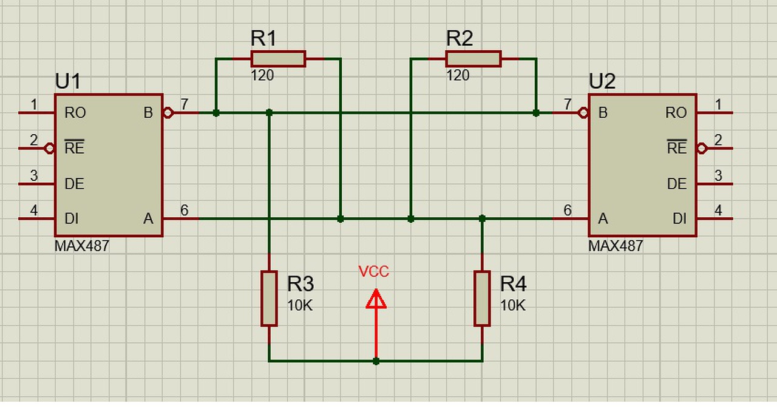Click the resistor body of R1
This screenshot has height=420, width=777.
(278, 59)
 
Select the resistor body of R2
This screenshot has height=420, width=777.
(473, 59)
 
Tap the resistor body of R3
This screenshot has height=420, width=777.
(270, 299)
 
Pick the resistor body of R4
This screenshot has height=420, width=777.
(482, 299)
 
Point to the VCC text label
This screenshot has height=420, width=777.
(374, 272)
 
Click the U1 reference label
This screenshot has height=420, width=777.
(67, 81)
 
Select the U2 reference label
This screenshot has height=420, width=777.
(602, 81)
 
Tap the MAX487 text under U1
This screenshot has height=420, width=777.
(82, 246)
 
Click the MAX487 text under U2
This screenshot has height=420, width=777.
(616, 246)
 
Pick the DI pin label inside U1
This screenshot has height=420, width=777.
(72, 218)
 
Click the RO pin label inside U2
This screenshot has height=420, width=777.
(676, 113)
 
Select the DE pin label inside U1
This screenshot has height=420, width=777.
(74, 184)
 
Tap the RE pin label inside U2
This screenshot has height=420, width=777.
(677, 149)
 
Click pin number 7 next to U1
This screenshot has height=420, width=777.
(185, 104)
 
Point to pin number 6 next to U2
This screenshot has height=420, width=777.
(568, 211)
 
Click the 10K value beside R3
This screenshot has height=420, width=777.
(300, 306)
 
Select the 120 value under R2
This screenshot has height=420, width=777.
(458, 76)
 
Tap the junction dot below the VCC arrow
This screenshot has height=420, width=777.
(376, 361)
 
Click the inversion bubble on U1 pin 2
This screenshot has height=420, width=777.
(50, 148)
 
